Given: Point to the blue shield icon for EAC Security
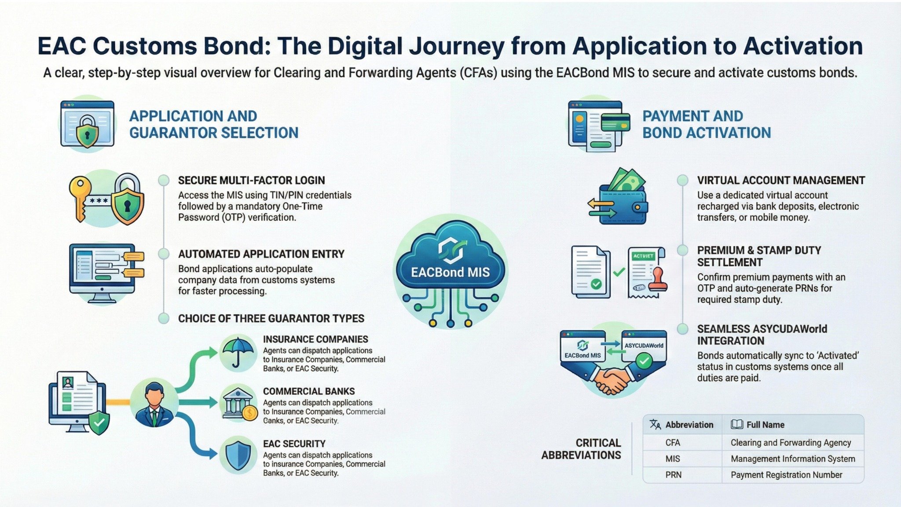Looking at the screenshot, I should tap(238, 455).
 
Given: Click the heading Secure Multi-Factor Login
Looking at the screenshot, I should tap(251, 180).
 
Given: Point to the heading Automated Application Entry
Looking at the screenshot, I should tap(261, 254).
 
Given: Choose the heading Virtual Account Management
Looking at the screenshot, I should tap(781, 180).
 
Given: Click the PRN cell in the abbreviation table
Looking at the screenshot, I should tap(673, 475).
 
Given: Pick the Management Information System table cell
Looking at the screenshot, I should tap(793, 459).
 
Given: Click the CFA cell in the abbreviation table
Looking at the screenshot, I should tap(673, 442).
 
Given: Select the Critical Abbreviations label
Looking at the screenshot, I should tap(582, 449).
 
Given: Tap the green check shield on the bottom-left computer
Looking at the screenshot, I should tap(99, 422).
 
